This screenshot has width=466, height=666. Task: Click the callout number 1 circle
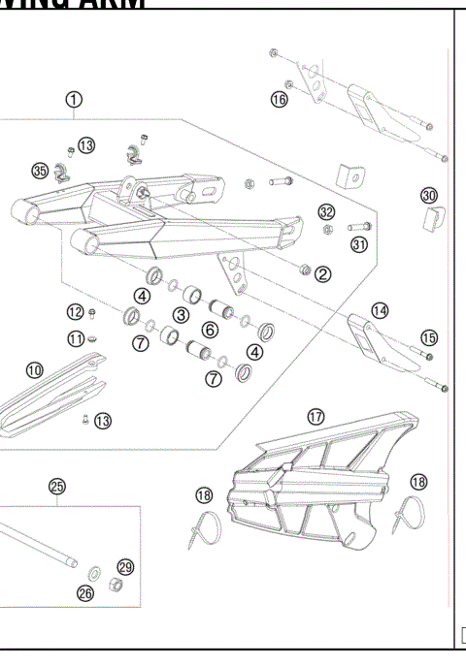pyautogui.click(x=75, y=99)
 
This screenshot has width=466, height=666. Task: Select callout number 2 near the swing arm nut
pyautogui.click(x=323, y=274)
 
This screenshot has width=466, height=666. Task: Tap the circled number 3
pyautogui.click(x=181, y=314)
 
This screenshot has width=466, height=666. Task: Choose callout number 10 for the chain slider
pyautogui.click(x=35, y=369)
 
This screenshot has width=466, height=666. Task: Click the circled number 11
pyautogui.click(x=76, y=338)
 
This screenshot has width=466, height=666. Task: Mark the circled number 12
pyautogui.click(x=76, y=311)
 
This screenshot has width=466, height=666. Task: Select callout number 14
pyautogui.click(x=380, y=310)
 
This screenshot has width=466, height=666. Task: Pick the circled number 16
pyautogui.click(x=280, y=100)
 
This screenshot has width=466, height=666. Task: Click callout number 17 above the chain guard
pyautogui.click(x=316, y=416)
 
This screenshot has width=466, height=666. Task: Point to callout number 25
pyautogui.click(x=57, y=486)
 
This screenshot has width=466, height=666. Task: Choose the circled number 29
pyautogui.click(x=125, y=567)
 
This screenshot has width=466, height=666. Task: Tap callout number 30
pyautogui.click(x=429, y=195)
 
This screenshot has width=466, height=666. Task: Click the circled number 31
pyautogui.click(x=359, y=244)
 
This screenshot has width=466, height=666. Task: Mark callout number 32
pyautogui.click(x=327, y=212)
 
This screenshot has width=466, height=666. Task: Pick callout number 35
pyautogui.click(x=40, y=172)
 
